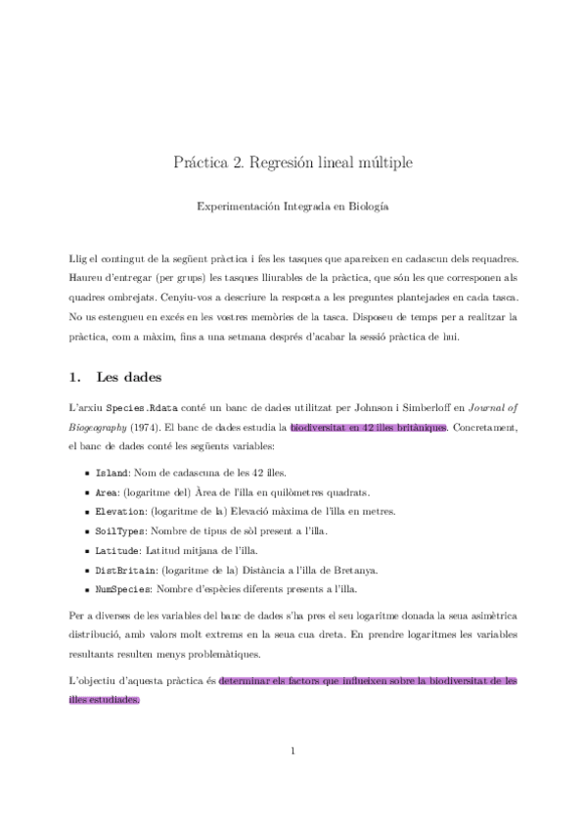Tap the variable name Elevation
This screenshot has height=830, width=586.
pos(120,512)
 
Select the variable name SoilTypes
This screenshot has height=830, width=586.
pos(120,531)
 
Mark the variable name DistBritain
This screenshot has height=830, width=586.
pos(124,571)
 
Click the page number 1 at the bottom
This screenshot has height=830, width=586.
pos(293,752)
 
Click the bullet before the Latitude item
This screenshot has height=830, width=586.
pos(89,551)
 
